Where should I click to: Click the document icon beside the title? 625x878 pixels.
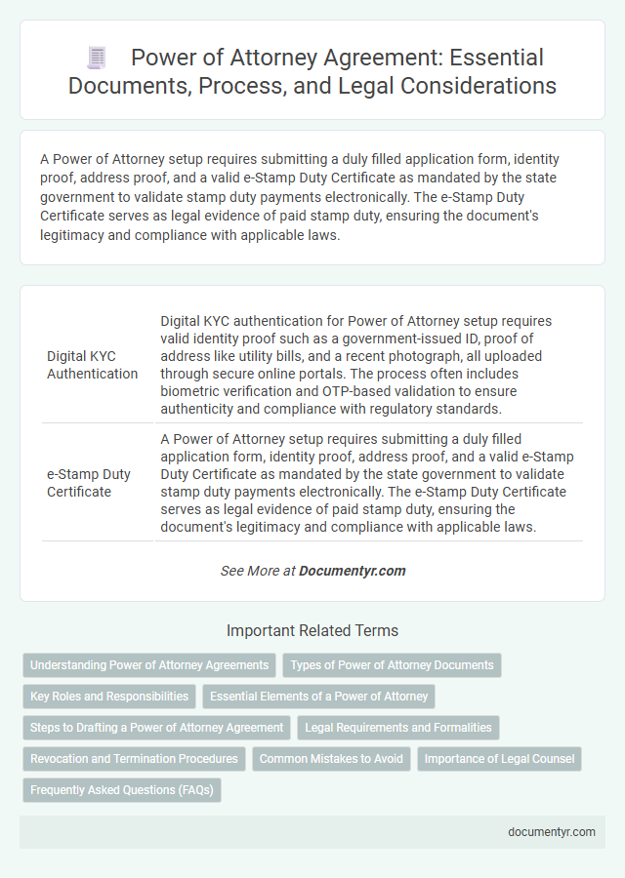pyautogui.click(x=97, y=59)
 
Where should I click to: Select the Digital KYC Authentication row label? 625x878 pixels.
pyautogui.click(x=92, y=364)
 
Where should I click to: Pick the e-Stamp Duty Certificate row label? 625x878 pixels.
pyautogui.click(x=90, y=482)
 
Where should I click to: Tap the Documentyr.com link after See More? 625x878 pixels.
pyautogui.click(x=353, y=571)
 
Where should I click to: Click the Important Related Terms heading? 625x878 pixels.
pyautogui.click(x=312, y=630)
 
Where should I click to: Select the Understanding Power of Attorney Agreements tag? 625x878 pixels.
pyautogui.click(x=149, y=665)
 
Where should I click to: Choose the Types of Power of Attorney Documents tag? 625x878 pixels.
pyautogui.click(x=392, y=665)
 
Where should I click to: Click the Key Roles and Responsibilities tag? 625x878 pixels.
pyautogui.click(x=109, y=697)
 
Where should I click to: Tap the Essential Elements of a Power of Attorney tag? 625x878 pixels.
pyautogui.click(x=318, y=697)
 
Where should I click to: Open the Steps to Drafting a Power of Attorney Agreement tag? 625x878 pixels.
pyautogui.click(x=156, y=728)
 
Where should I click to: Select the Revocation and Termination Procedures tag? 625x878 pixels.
pyautogui.click(x=134, y=758)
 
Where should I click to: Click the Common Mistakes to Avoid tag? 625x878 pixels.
pyautogui.click(x=331, y=758)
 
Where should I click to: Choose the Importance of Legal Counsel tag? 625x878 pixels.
pyautogui.click(x=499, y=758)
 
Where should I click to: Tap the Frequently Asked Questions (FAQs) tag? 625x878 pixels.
pyautogui.click(x=122, y=789)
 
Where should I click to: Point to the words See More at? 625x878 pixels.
pyautogui.click(x=257, y=571)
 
